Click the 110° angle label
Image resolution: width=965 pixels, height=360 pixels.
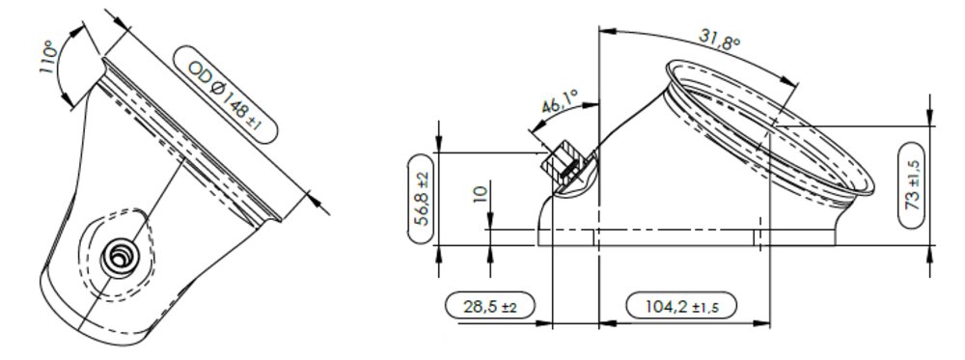[x=50, y=57]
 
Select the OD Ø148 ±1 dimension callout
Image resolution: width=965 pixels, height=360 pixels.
[x=225, y=95]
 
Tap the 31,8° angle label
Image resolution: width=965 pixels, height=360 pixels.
[x=719, y=42]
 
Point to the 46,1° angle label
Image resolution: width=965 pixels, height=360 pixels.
[x=561, y=102]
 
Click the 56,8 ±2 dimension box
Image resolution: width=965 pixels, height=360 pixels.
[x=423, y=199]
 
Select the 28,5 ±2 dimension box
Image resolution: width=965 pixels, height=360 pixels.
[x=489, y=306]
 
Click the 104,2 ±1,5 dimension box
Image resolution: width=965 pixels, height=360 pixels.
[x=681, y=306]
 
